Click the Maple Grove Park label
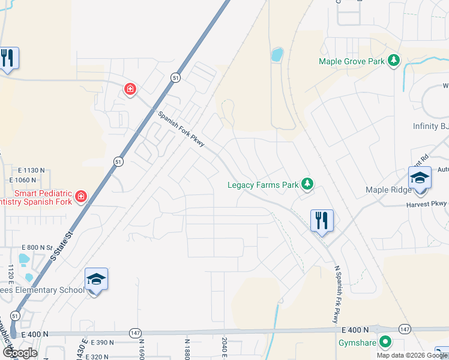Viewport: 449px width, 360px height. [352, 61]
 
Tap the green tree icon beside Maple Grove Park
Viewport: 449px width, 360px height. [394, 61]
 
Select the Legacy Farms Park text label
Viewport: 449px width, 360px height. [263, 185]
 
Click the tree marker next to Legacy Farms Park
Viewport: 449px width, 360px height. [307, 184]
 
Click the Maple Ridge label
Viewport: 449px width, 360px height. [388, 190]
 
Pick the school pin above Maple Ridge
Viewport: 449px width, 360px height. [420, 179]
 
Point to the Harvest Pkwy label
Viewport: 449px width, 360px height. [428, 204]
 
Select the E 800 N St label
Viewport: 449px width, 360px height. [37, 247]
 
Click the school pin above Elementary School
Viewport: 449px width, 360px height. [96, 280]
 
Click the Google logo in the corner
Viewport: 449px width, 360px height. [19, 352]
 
